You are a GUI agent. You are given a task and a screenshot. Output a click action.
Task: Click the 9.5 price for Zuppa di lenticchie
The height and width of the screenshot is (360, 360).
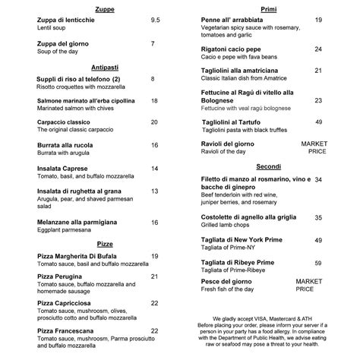pos(156,19)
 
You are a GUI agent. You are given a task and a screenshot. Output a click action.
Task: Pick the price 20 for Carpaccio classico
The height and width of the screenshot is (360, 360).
pos(154,122)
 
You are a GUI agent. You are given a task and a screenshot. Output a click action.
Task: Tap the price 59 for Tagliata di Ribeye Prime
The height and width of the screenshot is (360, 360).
pos(318,263)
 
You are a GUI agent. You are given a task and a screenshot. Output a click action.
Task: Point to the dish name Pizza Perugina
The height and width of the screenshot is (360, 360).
pos(64,277)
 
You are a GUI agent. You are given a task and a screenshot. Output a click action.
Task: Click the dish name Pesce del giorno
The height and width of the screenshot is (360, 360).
pos(233,281)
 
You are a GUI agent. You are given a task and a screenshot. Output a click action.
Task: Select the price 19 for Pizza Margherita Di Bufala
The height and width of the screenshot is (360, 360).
pos(155,256)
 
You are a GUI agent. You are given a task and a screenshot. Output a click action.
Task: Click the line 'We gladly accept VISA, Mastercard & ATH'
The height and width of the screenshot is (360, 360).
pos(269,316)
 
